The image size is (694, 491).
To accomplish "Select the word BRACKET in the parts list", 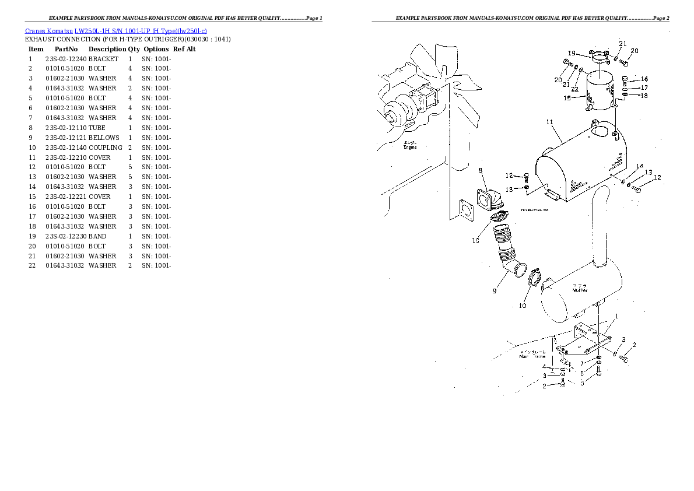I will [103, 59].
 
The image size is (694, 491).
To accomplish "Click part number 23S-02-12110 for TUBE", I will [65, 128].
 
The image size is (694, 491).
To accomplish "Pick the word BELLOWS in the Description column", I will [104, 138].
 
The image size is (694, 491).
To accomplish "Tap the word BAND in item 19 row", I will [97, 236].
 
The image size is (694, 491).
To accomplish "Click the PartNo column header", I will [66, 49].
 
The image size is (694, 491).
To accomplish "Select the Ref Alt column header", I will [184, 49].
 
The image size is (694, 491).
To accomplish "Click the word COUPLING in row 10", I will [106, 148].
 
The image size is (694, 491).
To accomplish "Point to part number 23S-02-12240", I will [65, 59].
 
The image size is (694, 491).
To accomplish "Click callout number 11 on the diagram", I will [549, 122].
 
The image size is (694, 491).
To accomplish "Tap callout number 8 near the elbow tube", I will [481, 170].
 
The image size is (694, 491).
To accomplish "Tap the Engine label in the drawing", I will [411, 147].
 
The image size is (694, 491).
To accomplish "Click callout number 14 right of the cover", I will [640, 166].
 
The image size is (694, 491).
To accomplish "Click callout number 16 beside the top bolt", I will [644, 79].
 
